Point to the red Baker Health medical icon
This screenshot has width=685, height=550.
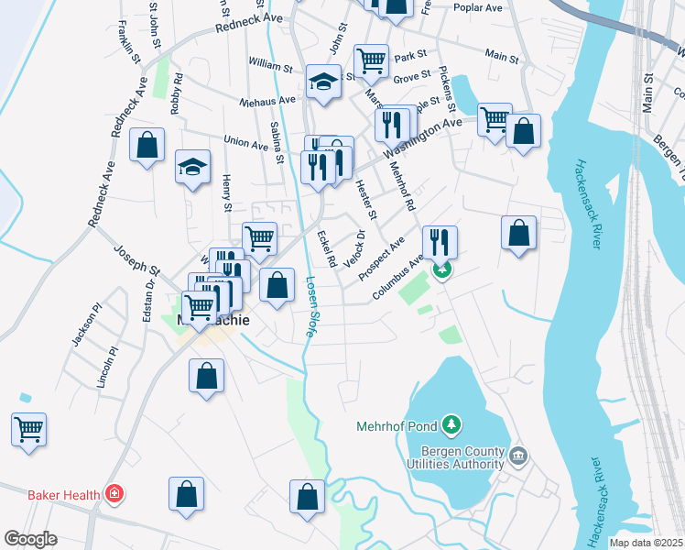click(114, 495)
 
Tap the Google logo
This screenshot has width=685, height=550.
click(30, 539)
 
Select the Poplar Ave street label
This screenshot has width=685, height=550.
click(478, 7)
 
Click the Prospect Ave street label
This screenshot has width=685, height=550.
click(381, 259)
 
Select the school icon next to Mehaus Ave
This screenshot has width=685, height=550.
click(323, 83)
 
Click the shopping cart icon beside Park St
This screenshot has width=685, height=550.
click(371, 61)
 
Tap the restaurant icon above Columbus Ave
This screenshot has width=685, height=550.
click(440, 243)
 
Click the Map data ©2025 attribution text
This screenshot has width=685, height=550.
click(647, 543)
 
